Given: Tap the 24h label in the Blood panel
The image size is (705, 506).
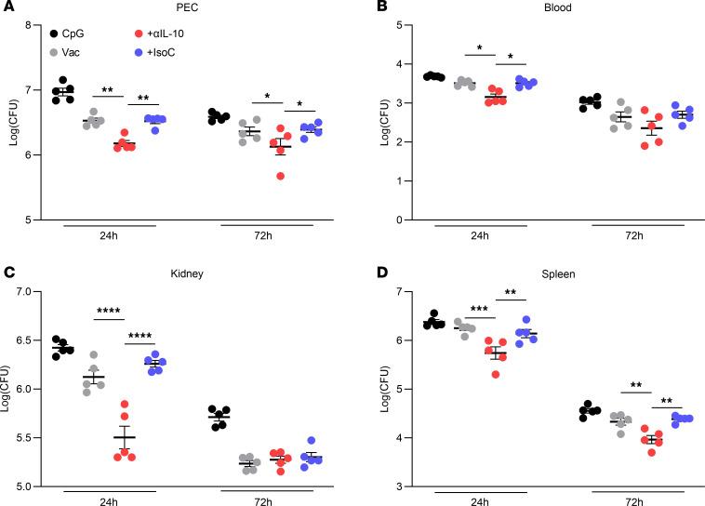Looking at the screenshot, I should click(468, 235).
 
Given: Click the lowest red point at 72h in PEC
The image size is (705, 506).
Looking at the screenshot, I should click(281, 176).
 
